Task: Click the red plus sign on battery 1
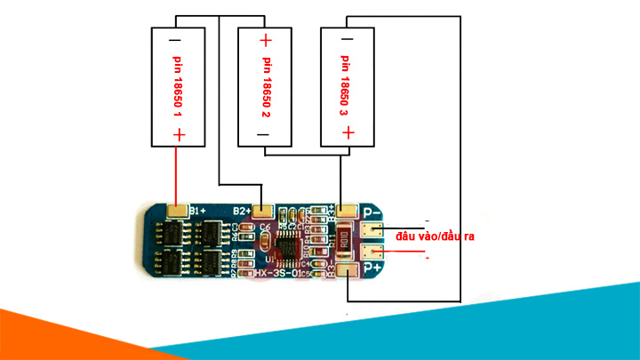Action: click(x=179, y=134)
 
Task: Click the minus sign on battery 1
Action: click(x=175, y=42)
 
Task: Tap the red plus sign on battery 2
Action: click(x=265, y=41)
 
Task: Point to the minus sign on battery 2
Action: click(x=264, y=134)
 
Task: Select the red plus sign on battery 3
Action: click(x=348, y=133)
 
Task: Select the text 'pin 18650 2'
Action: click(x=265, y=87)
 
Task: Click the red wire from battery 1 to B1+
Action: click(x=176, y=173)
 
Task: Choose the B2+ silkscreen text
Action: click(x=241, y=211)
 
